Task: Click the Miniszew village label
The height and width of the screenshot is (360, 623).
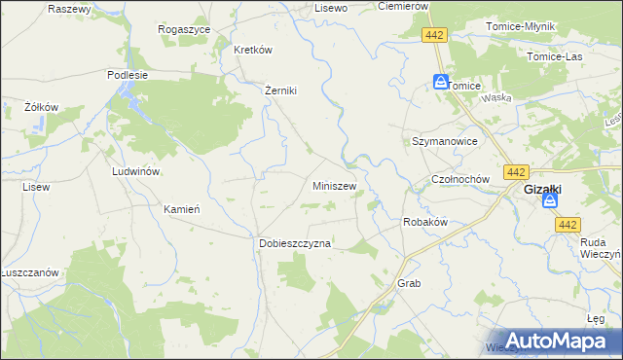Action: click(334, 185)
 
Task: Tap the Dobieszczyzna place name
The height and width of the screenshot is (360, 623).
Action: click(295, 243)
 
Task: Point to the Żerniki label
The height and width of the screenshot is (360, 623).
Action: click(280, 90)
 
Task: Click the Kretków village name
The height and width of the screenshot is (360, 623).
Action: click(251, 50)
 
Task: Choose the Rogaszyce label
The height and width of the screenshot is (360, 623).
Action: click(184, 29)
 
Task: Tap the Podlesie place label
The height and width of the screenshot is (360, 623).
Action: click(128, 74)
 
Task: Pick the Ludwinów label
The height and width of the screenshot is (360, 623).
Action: click(136, 170)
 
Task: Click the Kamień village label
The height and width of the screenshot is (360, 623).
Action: click(182, 208)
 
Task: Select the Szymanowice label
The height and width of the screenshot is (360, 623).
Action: click(444, 141)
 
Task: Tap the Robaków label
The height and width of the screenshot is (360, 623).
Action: click(424, 222)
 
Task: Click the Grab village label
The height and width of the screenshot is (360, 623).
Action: click(408, 283)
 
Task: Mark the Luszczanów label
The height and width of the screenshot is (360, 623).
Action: click(31, 272)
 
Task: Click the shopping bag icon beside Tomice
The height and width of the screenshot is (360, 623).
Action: click(440, 83)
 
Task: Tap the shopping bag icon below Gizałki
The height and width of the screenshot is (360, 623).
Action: click(550, 202)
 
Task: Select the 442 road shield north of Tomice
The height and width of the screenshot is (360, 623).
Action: click(435, 35)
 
